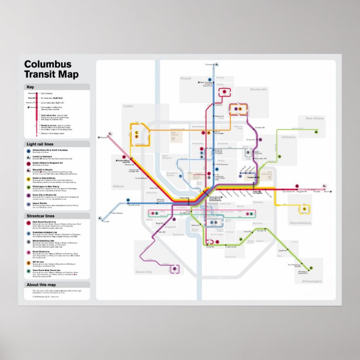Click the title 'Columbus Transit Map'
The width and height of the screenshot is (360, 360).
(48, 69)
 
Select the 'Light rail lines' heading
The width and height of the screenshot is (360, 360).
(40, 144)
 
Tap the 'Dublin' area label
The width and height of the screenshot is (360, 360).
(128, 106)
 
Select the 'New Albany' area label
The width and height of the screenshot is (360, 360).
(315, 118)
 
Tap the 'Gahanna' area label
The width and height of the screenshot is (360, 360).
(289, 137)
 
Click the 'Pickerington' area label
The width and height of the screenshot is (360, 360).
(312, 281)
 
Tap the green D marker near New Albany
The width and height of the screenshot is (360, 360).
(316, 132)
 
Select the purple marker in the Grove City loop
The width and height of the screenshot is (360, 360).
(175, 269)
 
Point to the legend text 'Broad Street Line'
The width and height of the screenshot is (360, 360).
(41, 251)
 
